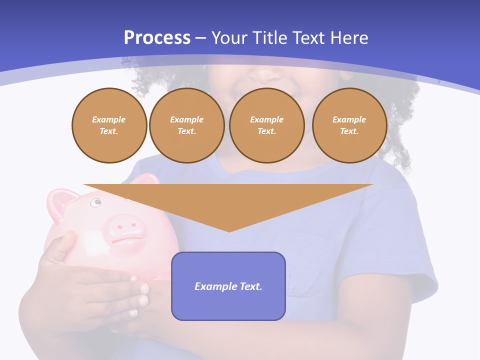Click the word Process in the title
[x=157, y=38]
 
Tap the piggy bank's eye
[x=95, y=202]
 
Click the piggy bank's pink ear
[x=60, y=202]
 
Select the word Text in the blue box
[x=249, y=286]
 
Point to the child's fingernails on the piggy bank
[x=143, y=300]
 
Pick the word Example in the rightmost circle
[x=349, y=119]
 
